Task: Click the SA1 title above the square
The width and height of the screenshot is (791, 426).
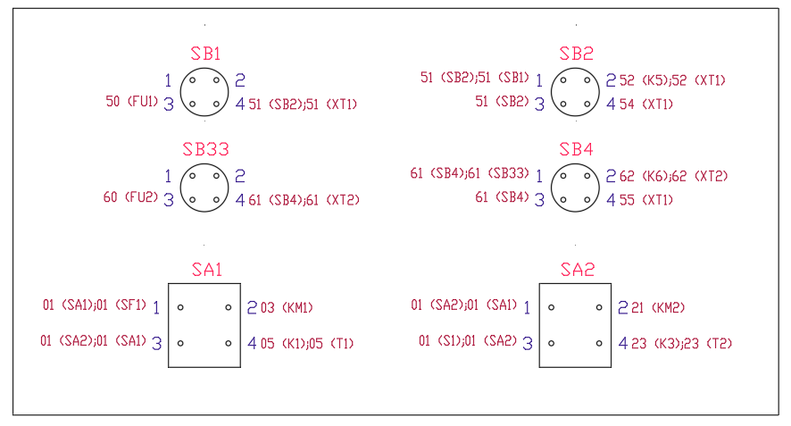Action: coord(206,270)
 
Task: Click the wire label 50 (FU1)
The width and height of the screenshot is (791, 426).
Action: coord(131,103)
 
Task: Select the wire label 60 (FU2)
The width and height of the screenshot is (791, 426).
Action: coord(130,197)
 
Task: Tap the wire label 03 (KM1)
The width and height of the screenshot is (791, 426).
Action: coord(287,308)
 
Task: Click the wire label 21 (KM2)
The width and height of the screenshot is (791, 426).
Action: coord(658,308)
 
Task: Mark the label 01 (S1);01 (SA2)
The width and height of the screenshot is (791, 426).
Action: coord(468,341)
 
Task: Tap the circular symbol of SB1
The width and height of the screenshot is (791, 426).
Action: coord(204,92)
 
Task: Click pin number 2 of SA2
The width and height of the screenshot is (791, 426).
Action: coord(623,308)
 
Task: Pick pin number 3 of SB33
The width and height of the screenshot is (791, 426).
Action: coord(168,199)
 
